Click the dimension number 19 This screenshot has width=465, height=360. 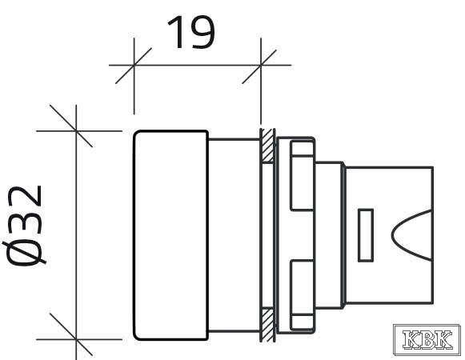click(x=191, y=32)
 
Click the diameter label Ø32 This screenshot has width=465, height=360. click(x=24, y=226)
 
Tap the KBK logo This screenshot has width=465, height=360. click(x=427, y=339)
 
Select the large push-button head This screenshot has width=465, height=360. click(x=170, y=235)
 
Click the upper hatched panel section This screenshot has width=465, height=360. click(x=267, y=146)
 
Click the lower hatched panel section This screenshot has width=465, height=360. click(x=267, y=325)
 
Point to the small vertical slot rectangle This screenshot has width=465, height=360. click(x=366, y=235)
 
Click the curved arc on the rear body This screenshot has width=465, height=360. click(x=411, y=235)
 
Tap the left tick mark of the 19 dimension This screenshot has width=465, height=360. click(x=134, y=66)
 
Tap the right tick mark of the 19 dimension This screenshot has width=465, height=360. click(x=260, y=66)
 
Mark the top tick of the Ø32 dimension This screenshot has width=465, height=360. click(x=71, y=126)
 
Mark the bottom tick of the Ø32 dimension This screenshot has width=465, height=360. click(x=71, y=334)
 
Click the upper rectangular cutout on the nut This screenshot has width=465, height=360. click(x=302, y=176)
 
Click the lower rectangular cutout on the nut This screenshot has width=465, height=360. click(x=302, y=295)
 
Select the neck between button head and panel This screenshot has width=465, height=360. click(x=234, y=235)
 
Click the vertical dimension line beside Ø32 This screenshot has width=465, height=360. click(x=76, y=232)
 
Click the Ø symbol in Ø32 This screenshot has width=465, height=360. click(x=24, y=252)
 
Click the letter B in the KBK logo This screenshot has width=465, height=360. click(x=427, y=339)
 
